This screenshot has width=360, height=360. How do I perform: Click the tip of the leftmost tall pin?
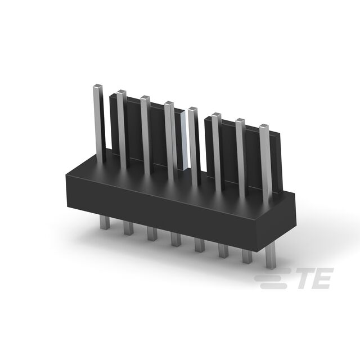97,86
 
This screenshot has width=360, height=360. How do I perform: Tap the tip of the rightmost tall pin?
264,126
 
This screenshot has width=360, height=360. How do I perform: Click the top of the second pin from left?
121,92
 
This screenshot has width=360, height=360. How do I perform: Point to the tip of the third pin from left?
145,97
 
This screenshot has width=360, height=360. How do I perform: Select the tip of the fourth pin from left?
169,103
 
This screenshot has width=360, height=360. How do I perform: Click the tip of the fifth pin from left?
192,109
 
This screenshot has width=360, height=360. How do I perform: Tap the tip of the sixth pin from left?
216,115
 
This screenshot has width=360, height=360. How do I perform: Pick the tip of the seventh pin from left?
240,120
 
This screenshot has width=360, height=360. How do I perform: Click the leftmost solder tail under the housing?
105,222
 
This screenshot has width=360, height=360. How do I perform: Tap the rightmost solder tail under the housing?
271,256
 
